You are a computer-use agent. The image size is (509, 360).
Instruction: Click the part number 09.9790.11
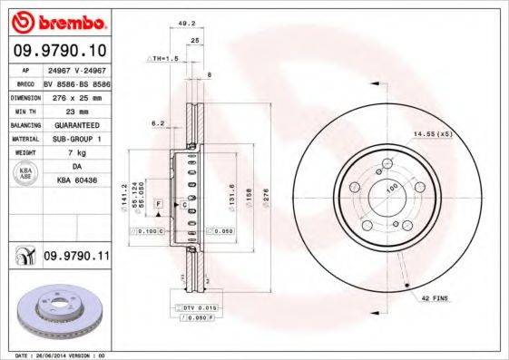(76, 258)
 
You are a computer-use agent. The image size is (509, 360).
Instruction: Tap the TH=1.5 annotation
(162, 57)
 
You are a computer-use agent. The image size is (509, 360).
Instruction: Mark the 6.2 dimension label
(157, 122)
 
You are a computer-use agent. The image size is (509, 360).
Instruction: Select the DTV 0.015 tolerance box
(191, 310)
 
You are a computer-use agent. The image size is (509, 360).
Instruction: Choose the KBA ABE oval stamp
(26, 174)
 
